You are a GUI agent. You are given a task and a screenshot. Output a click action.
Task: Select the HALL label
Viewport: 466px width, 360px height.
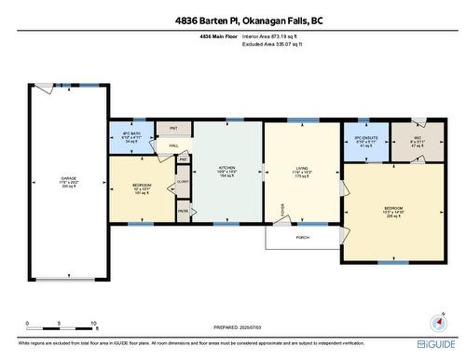(173, 146)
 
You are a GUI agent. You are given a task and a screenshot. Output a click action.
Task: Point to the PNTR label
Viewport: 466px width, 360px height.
(184, 213)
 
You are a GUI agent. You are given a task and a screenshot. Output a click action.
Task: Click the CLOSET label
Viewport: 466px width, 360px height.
(184, 183)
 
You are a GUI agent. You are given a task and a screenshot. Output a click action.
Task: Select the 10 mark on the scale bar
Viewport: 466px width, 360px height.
(94, 325)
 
